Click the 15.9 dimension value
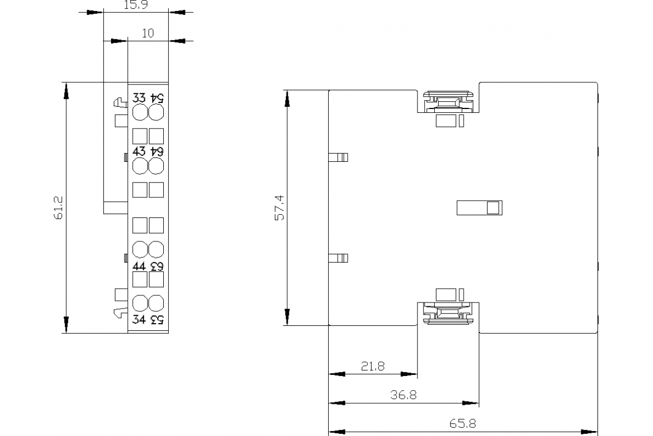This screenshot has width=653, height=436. [x=136, y=5]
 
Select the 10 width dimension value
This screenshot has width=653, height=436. [x=147, y=33]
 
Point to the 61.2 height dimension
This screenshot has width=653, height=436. [x=59, y=208]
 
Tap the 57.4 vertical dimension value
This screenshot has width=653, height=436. [x=280, y=208]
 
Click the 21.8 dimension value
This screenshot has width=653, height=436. [x=373, y=367]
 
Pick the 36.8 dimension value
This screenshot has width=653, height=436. [x=404, y=395]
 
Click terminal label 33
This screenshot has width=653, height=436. [x=140, y=99]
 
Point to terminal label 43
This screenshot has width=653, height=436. [x=140, y=151]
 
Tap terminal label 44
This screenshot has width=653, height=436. [x=140, y=266]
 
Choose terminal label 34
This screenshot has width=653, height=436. [x=140, y=319]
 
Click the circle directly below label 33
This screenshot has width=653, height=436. [x=140, y=112]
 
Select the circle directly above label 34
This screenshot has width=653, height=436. [x=140, y=303]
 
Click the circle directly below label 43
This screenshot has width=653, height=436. [x=140, y=166]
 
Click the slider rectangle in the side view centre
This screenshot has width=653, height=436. [x=479, y=208]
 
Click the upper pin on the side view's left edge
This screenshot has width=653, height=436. [x=338, y=158]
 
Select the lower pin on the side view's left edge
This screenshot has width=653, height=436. [x=338, y=258]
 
